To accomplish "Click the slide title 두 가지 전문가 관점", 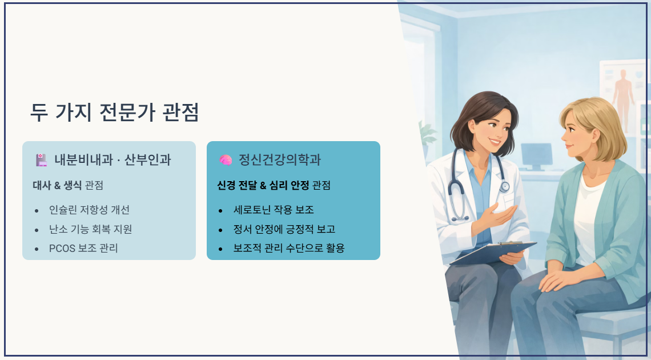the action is pos(115,111).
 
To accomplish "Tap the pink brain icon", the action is pos(226,160).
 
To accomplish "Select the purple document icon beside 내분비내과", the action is pos(41,160).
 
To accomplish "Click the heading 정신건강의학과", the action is pos(280,160).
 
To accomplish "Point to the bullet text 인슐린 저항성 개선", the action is pos(89,210).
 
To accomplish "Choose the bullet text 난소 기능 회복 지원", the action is pos(90,229).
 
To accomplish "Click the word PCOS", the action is pos(62,249).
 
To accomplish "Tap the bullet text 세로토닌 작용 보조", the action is pos(274,210).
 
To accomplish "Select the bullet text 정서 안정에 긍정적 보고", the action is pos(284,229).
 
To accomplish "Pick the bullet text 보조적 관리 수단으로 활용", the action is pos(289,248).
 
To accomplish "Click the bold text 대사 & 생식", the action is pos(57,185).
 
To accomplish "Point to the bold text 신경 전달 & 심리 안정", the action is pos(263,185).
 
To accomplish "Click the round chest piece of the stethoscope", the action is pos(504,186).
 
